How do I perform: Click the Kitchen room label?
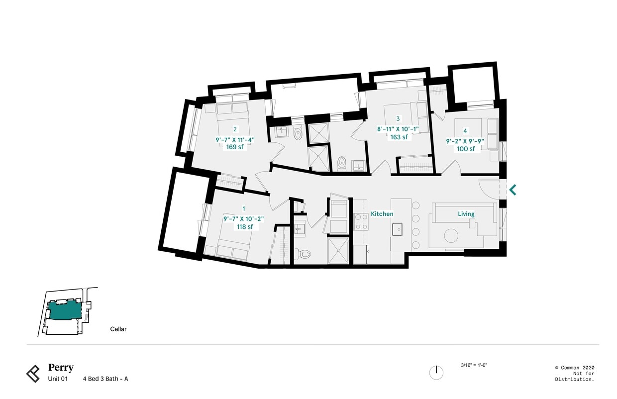tap(382, 214)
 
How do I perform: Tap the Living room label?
tap(466, 214)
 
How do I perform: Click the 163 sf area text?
tap(399, 137)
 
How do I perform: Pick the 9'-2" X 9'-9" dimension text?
tap(465, 141)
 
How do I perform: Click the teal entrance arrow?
tap(512, 190)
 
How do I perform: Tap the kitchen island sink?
tap(398, 229)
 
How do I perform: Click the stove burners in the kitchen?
tap(361, 221)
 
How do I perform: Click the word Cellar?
tap(118, 329)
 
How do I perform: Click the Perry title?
tap(61, 368)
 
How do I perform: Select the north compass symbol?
tap(436, 372)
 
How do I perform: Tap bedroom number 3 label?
tap(398, 119)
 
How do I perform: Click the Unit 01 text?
tap(58, 379)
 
